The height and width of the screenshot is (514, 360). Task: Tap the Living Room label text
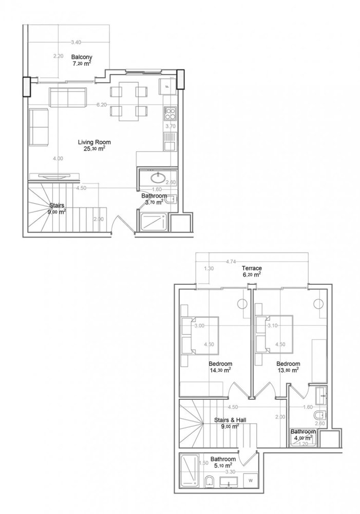point(94,142)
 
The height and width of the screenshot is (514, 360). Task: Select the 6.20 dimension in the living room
point(101,105)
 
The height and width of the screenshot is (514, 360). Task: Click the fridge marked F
point(167,86)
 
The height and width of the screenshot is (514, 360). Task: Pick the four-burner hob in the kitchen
point(170,112)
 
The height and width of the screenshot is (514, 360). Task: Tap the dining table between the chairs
point(128,101)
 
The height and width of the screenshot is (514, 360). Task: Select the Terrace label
point(253,269)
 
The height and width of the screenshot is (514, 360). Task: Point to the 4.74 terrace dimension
point(231,261)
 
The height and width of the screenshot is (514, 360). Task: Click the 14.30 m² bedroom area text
point(220,370)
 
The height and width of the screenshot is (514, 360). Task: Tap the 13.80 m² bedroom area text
point(288,370)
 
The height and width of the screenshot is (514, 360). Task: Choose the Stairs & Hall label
point(230,420)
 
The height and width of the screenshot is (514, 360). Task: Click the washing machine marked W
point(250,480)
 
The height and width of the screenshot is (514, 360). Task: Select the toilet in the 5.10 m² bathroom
point(209,481)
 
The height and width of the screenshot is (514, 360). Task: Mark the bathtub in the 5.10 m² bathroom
point(188,470)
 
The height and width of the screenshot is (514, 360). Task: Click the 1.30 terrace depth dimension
point(209,268)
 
